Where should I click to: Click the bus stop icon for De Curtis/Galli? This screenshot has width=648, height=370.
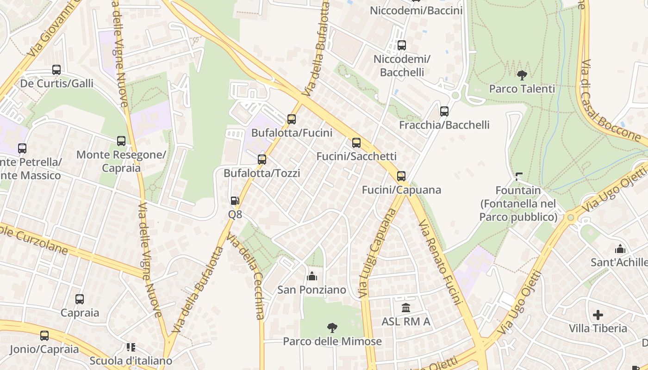(x=56, y=70)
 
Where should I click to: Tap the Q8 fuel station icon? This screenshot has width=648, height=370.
(x=235, y=201)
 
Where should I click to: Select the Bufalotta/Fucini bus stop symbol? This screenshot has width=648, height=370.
(x=292, y=119)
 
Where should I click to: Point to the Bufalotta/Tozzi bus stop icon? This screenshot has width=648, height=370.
(x=262, y=160)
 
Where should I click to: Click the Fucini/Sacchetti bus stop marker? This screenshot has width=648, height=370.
(x=356, y=143)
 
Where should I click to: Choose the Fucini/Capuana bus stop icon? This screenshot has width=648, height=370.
(x=401, y=176)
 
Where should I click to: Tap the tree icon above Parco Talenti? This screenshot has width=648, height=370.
(x=522, y=75)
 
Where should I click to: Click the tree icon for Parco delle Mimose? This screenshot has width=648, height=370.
(x=332, y=328)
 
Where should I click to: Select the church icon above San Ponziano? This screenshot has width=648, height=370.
(x=312, y=276)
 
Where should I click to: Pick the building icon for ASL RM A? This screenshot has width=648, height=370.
(x=406, y=308)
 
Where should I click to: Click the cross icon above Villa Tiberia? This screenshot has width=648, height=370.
(x=598, y=315)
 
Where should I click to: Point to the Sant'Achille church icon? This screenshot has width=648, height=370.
(x=620, y=249)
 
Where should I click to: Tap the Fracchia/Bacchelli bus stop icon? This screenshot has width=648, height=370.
(x=444, y=111)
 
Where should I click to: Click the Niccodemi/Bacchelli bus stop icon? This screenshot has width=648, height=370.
(x=402, y=45)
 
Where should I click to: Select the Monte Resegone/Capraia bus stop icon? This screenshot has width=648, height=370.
(x=121, y=141)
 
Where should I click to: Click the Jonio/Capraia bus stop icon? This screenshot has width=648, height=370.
(x=44, y=336)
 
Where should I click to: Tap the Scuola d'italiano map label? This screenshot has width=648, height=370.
(x=131, y=361)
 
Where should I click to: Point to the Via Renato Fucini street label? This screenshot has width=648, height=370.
(x=441, y=263)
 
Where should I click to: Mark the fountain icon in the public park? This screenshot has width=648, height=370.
(x=518, y=177)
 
